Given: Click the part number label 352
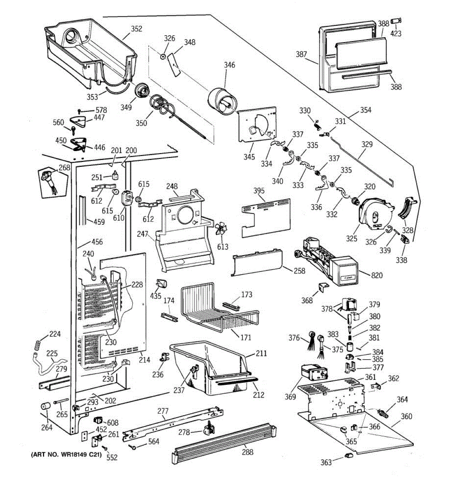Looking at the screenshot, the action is pyautogui.click(x=136, y=29).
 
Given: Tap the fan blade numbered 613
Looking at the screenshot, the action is pyautogui.click(x=221, y=228).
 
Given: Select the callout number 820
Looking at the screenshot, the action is pyautogui.click(x=377, y=275).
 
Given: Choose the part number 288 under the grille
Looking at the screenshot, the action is pyautogui.click(x=248, y=452).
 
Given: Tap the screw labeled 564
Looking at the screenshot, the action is pyautogui.click(x=133, y=448).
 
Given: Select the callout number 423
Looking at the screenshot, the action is pyautogui.click(x=396, y=33).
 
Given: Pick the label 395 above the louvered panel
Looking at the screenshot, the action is pyautogui.click(x=259, y=190).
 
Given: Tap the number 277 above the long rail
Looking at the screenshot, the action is pyautogui.click(x=163, y=411).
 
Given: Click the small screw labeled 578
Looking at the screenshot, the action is pyautogui.click(x=79, y=111).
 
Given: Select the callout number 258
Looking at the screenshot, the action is pyautogui.click(x=300, y=271).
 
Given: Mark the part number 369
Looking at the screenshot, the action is pyautogui.click(x=290, y=396).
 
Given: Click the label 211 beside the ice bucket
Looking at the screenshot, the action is pyautogui.click(x=261, y=354).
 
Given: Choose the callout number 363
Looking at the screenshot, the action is pyautogui.click(x=326, y=462).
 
